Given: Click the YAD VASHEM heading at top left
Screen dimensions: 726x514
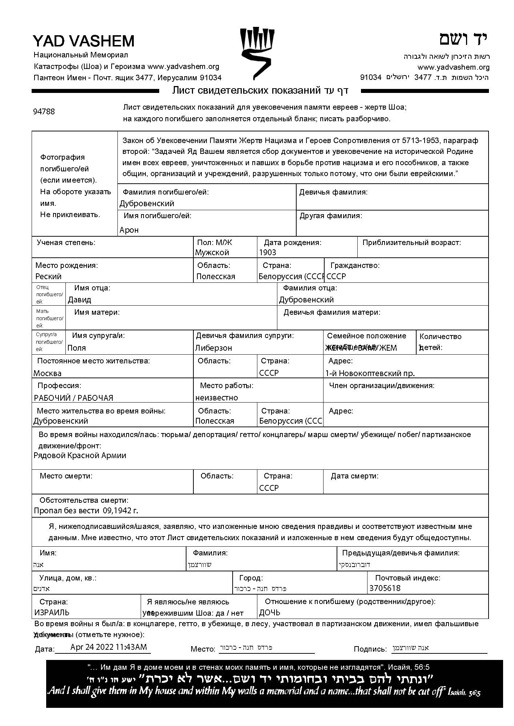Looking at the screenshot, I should click(84, 41).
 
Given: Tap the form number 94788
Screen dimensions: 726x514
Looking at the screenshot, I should click(44, 111).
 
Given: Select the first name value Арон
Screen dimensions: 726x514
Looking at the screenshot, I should click(129, 230).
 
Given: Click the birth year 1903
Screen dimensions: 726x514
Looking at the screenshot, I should click(268, 252).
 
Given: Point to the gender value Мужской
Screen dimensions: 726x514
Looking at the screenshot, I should click(212, 252).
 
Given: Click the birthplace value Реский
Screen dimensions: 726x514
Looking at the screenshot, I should click(48, 276).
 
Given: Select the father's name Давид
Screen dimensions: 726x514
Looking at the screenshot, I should click(79, 299).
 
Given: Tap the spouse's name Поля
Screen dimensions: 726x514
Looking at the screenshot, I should click(77, 348).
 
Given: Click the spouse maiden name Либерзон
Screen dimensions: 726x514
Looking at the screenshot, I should click(213, 348).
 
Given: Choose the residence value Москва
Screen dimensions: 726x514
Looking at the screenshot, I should click(48, 373).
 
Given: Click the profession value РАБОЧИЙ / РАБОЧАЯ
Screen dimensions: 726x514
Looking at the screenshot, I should click(73, 398).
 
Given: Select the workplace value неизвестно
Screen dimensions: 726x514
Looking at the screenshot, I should click(217, 397).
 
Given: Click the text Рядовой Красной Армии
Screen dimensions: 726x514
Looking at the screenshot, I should click(80, 455).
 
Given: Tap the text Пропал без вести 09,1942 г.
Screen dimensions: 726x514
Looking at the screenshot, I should click(86, 510).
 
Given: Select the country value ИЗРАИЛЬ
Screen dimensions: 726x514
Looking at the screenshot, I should click(52, 612).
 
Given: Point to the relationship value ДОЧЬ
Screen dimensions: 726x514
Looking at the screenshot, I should click(270, 613).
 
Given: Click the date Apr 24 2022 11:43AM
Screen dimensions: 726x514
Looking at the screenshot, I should click(109, 647).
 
